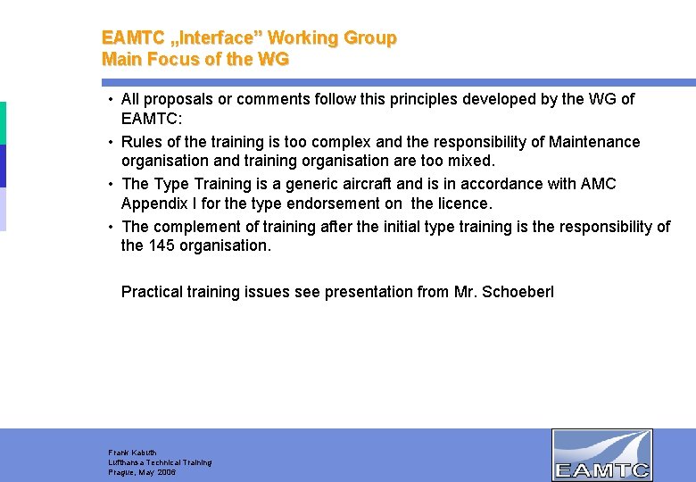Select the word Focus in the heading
(167, 60)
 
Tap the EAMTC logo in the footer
(601, 454)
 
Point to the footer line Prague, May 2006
(142, 472)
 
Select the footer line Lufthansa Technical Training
(160, 462)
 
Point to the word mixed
(473, 162)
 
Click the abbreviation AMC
(599, 184)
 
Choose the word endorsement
(337, 204)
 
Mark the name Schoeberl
(518, 292)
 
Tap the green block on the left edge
(3, 122)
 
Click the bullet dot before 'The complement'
(109, 227)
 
